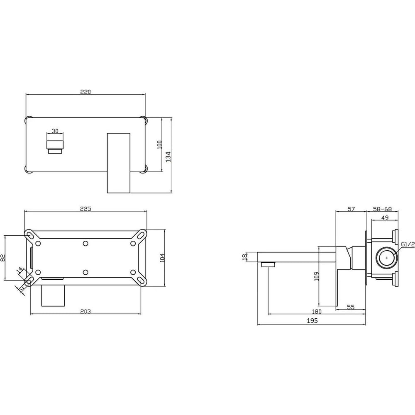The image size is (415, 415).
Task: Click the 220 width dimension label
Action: [x=85, y=92]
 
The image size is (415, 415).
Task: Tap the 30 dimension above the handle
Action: [x=55, y=131]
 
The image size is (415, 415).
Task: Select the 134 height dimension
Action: [x=168, y=157]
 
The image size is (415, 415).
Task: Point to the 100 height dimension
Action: [x=160, y=145]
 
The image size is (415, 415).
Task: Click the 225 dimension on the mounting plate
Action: [x=85, y=209]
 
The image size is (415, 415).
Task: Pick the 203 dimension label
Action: [x=85, y=312]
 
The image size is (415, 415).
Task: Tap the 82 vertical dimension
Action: [x=3, y=258]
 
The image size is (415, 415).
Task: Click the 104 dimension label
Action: [x=162, y=258]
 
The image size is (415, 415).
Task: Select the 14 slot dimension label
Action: [x=20, y=271]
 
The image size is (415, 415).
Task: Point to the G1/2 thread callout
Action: [x=408, y=244]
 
